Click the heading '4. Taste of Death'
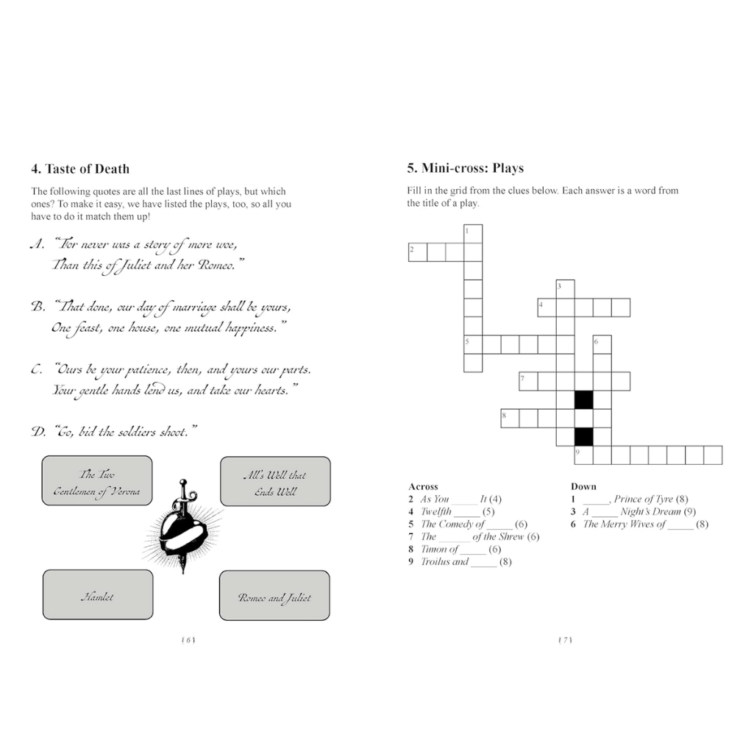[x=80, y=168]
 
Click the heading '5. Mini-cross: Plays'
[x=465, y=168]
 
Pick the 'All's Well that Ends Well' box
[x=274, y=483]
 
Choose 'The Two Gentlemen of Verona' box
[x=97, y=483]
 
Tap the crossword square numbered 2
[x=417, y=252]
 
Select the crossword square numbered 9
[x=583, y=455]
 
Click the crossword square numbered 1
[x=473, y=234]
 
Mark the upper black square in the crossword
[x=583, y=399]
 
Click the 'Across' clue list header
[x=423, y=486]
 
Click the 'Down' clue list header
[x=583, y=486]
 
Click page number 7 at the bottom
[x=565, y=640]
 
